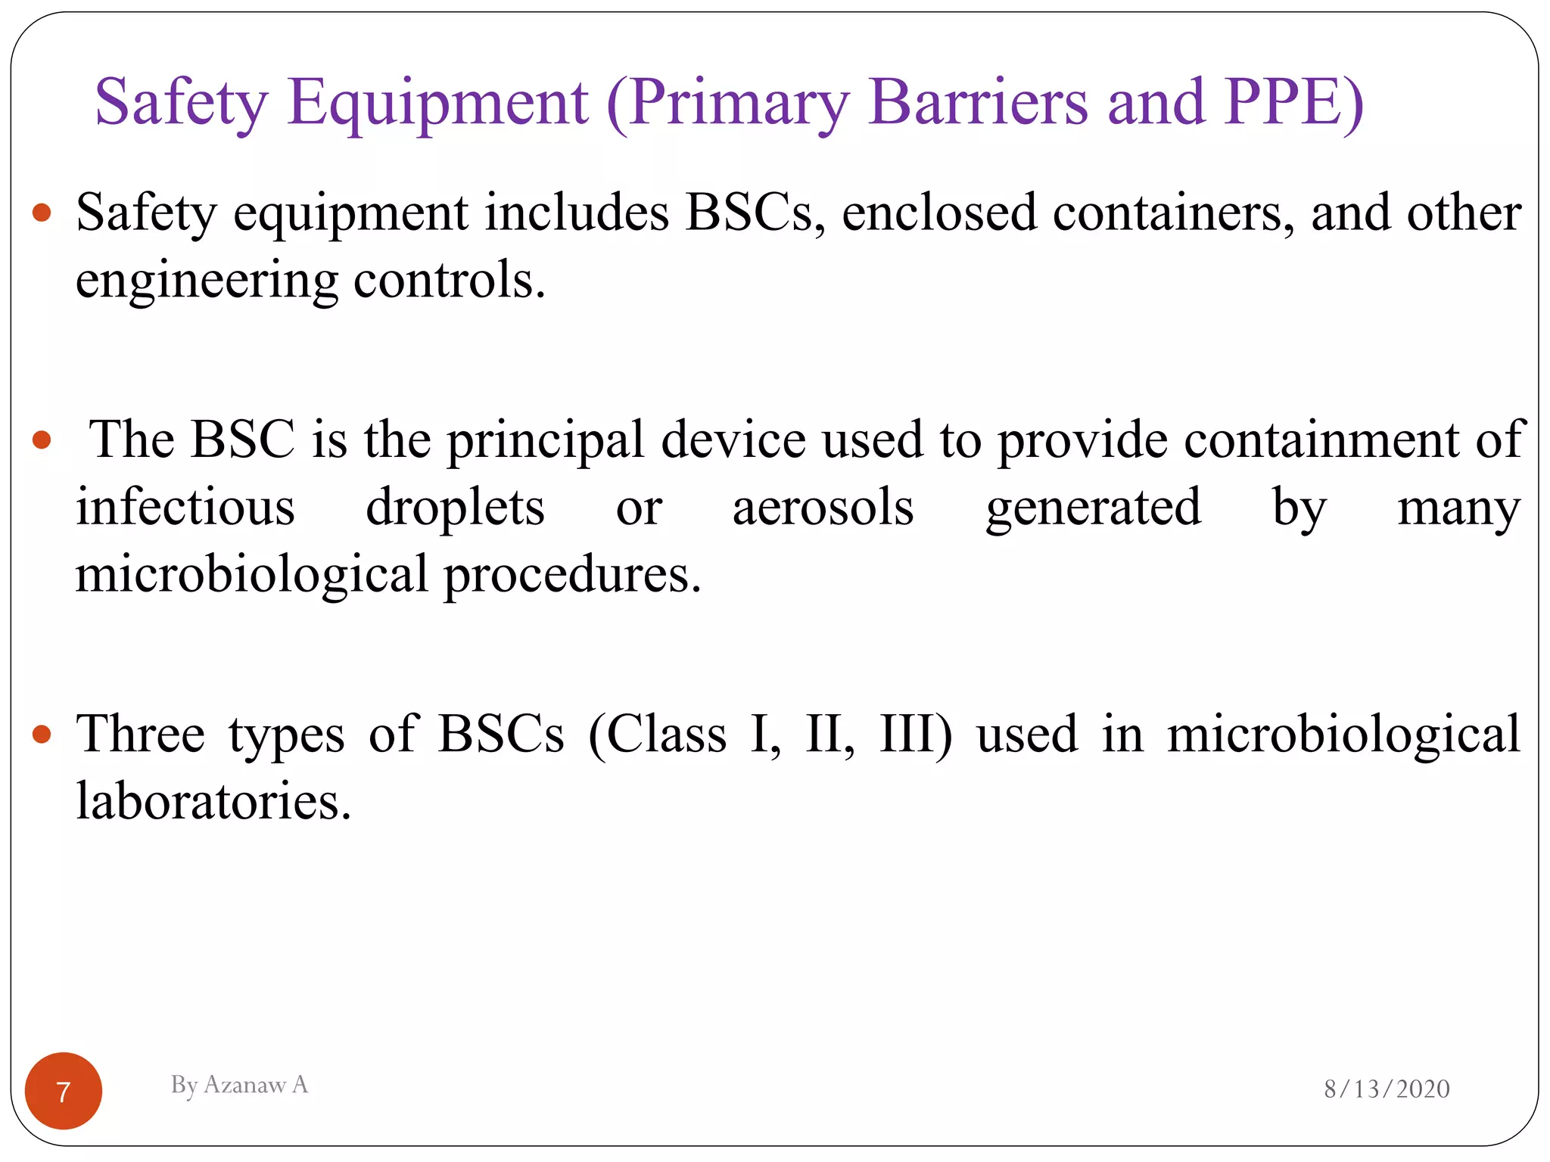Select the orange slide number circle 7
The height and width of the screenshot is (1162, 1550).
point(64,1091)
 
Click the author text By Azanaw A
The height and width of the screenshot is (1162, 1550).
point(239,1085)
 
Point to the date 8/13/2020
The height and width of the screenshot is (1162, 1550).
point(1387,1089)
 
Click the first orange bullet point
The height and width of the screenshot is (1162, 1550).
point(42,213)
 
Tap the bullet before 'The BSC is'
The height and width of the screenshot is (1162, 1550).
point(42,440)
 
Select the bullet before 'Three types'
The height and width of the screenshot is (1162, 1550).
point(42,734)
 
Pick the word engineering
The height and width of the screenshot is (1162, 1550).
point(207,281)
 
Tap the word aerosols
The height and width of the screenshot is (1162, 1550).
point(823,507)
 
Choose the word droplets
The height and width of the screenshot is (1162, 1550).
point(455,508)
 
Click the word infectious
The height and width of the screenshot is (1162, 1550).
point(185,507)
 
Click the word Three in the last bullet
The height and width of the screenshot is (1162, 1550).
point(141,734)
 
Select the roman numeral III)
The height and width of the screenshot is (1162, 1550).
point(915,734)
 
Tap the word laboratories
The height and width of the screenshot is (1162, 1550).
point(213,801)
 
